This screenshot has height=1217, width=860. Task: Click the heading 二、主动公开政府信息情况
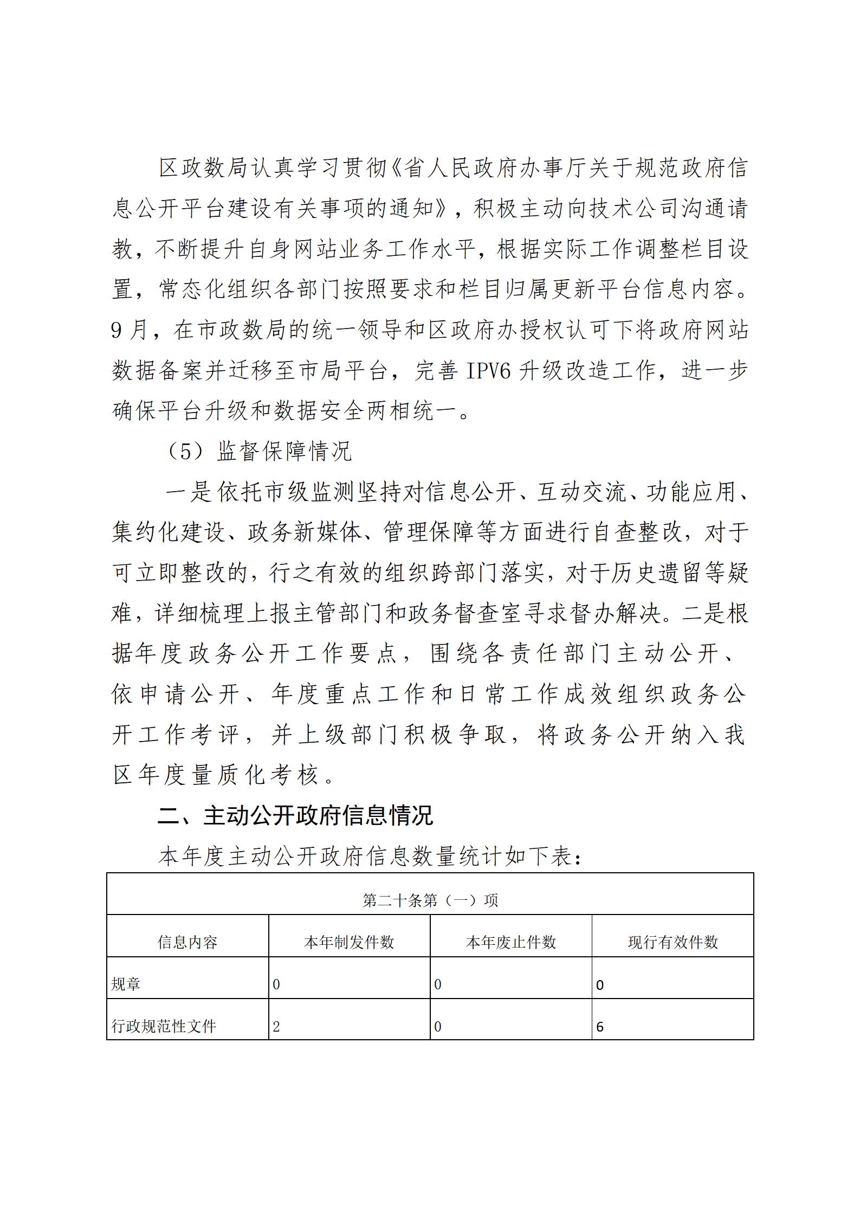295,816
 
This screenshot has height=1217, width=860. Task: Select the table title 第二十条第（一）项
430,900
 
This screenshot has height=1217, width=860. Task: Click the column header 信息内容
187,943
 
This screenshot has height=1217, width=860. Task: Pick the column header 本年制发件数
349,943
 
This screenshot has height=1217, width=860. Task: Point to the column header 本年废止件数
510,943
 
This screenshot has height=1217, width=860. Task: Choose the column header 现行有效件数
673,943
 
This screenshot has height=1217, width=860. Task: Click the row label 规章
126,984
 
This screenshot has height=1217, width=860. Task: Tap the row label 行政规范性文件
164,1026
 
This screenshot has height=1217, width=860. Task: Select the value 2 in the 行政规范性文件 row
276,1027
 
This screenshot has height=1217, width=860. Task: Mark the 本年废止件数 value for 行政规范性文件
438,1027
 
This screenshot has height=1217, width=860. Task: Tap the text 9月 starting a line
129,330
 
